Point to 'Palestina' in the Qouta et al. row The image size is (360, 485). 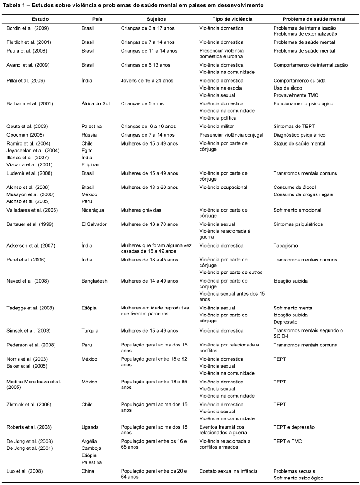click(x=92, y=126)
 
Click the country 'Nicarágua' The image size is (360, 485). click(x=93, y=210)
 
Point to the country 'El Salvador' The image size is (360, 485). click(x=94, y=224)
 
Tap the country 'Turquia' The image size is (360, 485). click(x=90, y=331)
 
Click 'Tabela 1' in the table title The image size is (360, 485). click(x=14, y=6)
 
